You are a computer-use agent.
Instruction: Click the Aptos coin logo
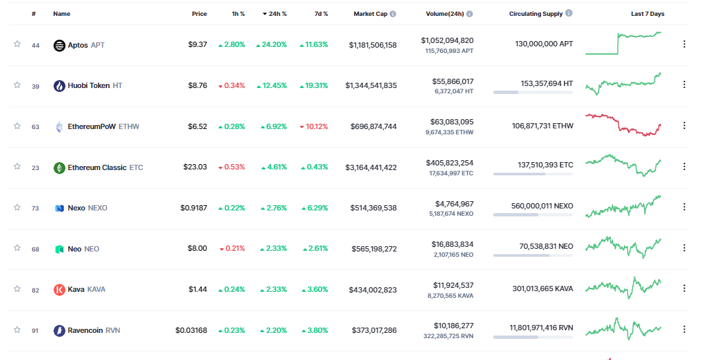(60, 45)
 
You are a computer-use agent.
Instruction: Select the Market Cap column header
(370, 14)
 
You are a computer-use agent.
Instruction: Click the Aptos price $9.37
(197, 45)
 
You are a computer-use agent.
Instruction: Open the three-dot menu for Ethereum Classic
(684, 167)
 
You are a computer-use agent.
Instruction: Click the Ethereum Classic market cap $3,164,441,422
(371, 167)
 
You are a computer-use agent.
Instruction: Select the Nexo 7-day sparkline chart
(623, 206)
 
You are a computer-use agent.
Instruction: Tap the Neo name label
(75, 249)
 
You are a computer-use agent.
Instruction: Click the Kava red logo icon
(60, 289)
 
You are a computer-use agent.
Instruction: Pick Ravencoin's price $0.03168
(191, 330)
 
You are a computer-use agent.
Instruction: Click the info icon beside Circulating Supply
(569, 13)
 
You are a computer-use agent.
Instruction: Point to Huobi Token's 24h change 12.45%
(273, 85)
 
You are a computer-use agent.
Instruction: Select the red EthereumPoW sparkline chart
(623, 124)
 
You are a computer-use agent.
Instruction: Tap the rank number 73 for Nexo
(35, 208)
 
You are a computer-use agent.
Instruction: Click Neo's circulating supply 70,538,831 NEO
(546, 246)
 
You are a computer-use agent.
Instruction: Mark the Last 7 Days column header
(647, 14)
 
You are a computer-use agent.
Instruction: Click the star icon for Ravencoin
(17, 330)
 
